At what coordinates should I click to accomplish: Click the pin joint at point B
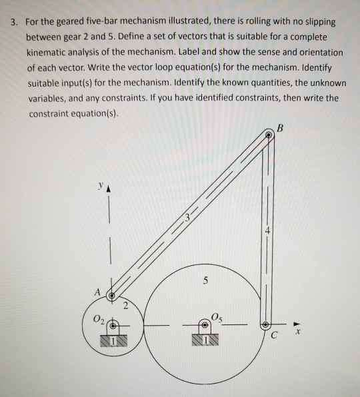(x=269, y=135)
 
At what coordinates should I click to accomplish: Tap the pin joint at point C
(x=269, y=325)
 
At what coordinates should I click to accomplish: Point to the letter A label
(x=98, y=291)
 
